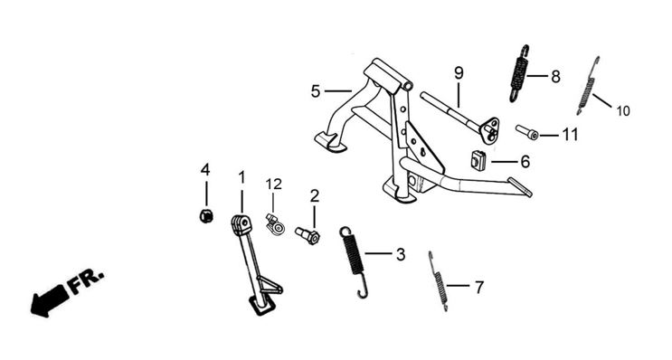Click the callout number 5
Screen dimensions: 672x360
coord(316,91)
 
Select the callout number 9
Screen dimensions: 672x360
coord(459,73)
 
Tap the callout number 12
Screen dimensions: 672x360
coord(273,185)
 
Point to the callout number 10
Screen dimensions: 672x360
coord(623,111)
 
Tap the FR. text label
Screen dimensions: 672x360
coord(86,282)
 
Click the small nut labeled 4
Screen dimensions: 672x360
coord(206,215)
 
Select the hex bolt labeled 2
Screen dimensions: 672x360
coord(308,235)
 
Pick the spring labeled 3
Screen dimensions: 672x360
coord(354,261)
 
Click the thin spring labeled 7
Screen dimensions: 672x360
coord(438,280)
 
